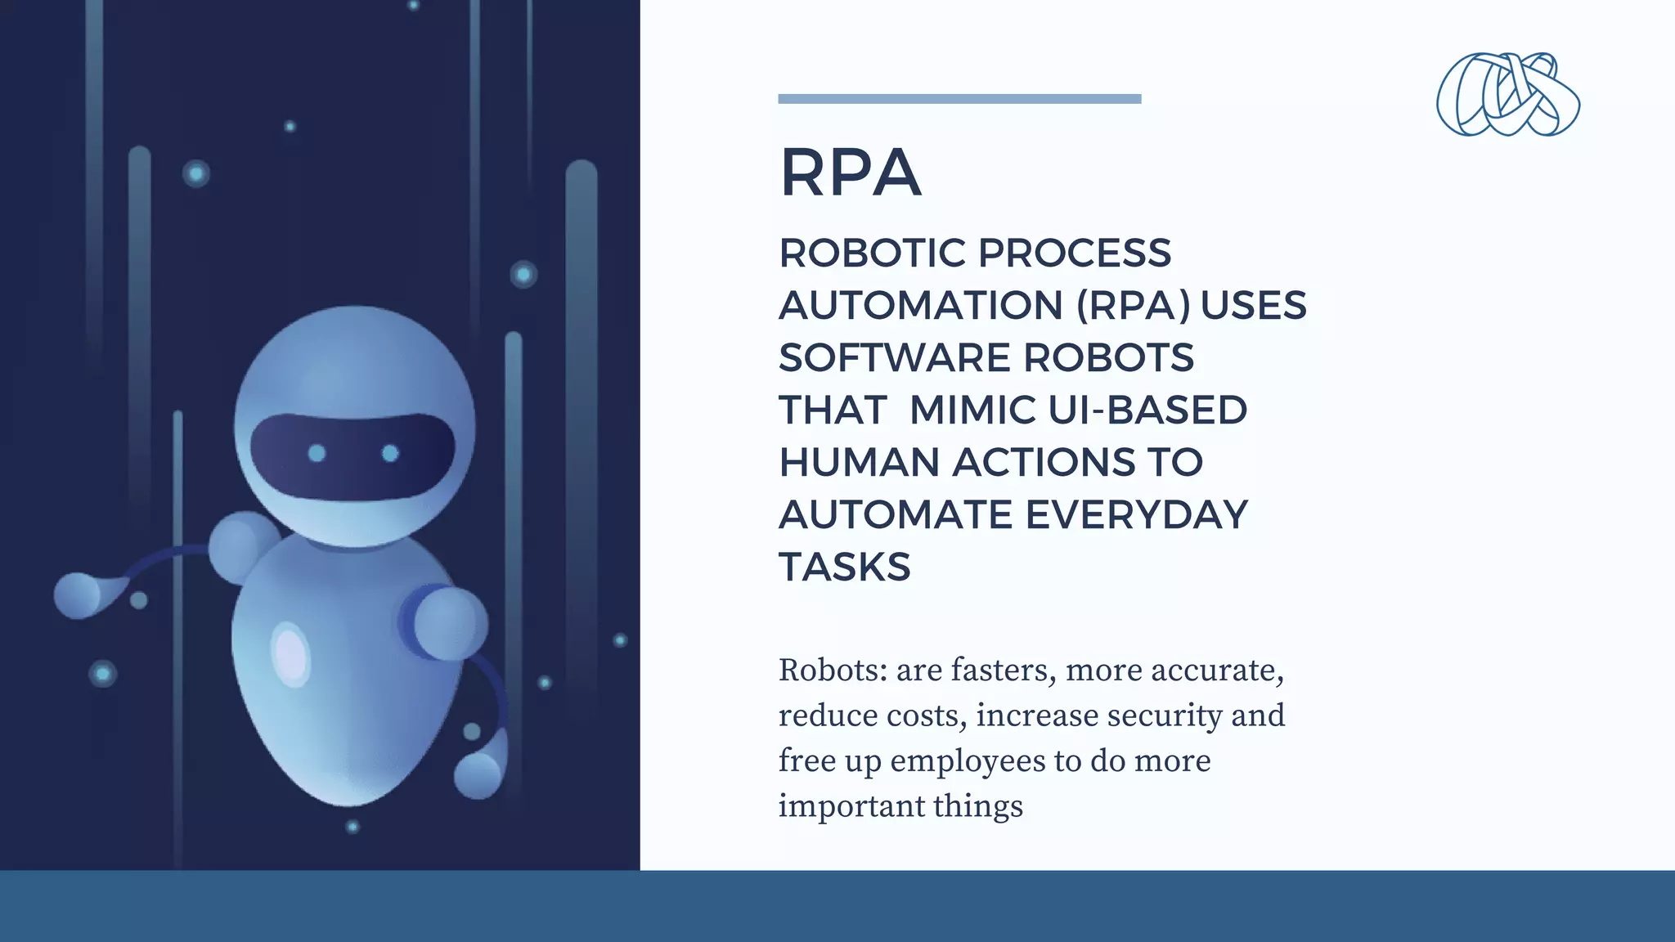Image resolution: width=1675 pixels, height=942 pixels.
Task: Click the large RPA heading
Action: click(851, 173)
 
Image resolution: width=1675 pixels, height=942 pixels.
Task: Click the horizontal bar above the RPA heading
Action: click(959, 99)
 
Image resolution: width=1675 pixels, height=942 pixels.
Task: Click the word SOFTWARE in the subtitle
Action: click(895, 358)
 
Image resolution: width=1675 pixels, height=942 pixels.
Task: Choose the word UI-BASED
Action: click(1147, 410)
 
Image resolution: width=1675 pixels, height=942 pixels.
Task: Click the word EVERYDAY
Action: click(1137, 515)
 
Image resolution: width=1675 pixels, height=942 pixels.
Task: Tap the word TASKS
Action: click(844, 567)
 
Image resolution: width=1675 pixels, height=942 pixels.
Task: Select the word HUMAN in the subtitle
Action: click(860, 463)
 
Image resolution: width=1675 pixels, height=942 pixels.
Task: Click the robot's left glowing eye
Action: click(317, 453)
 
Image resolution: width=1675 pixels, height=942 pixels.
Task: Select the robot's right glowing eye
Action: click(390, 453)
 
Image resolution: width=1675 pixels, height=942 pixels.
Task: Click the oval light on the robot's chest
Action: click(290, 653)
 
